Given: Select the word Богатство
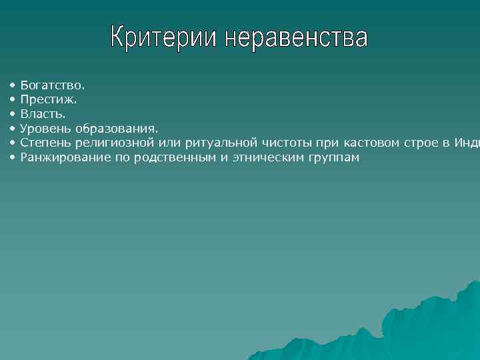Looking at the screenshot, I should [x=53, y=85].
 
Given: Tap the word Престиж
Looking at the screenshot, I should [x=49, y=99].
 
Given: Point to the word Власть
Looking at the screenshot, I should [x=43, y=114].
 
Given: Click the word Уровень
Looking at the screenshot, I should [x=45, y=128].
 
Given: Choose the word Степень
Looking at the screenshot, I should [x=46, y=143].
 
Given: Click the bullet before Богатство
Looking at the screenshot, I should [x=12, y=85].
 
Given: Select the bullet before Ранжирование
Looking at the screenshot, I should [x=12, y=157].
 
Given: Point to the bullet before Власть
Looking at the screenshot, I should [x=12, y=114].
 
